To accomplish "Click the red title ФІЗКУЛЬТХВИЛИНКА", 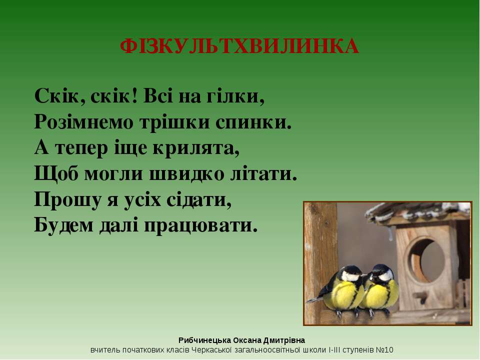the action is coord(239,46).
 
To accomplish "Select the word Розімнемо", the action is coord(84,122).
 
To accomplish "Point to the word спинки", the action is coord(253,122).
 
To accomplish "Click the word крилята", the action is coord(196,148).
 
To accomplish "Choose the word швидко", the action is coord(186,174).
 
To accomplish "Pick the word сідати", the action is coord(199,199).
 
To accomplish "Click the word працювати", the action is coord(201,226).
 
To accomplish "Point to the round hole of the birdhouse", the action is coord(426,260).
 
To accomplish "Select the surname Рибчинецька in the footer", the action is coord(204,340).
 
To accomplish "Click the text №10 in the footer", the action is coord(384,350).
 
